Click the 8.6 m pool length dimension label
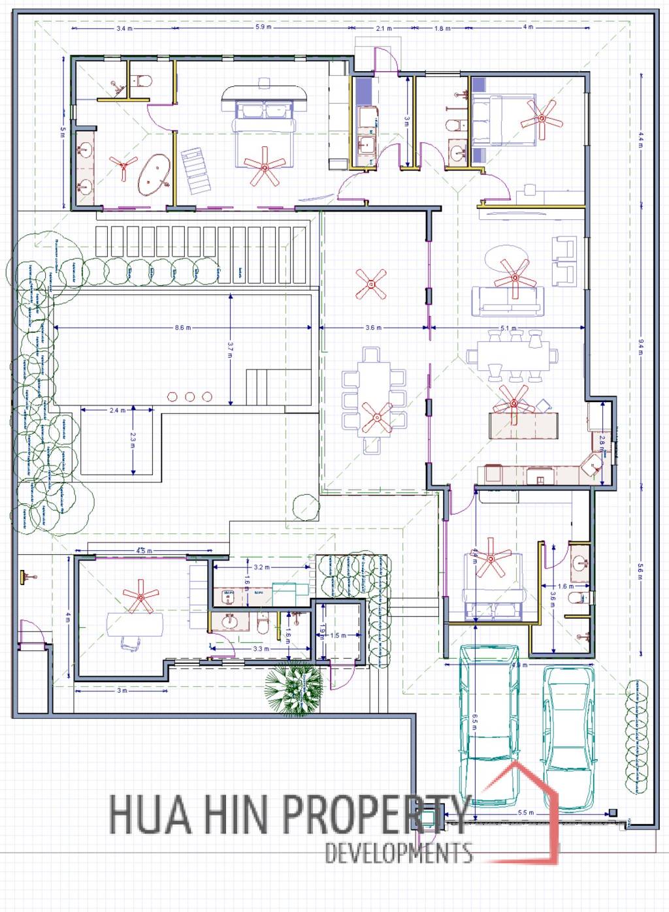tap(183, 327)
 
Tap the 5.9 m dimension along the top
tap(263, 27)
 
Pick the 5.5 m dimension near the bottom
tap(526, 813)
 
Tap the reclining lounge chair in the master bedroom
tap(197, 171)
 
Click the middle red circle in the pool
tap(190, 396)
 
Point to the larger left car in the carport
tap(490, 721)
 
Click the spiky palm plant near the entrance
tap(293, 689)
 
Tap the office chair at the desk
tap(131, 643)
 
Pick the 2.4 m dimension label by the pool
tap(118, 411)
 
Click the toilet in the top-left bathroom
tap(141, 82)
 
